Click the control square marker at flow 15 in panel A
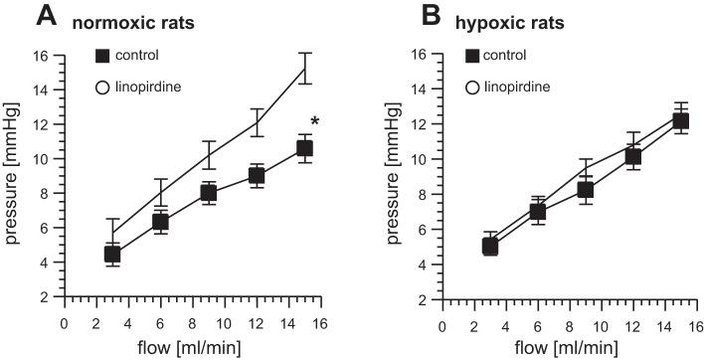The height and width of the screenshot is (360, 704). point(304,148)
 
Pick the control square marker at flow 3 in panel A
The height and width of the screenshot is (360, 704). point(112,254)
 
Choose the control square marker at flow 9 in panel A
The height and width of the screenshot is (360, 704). point(209,193)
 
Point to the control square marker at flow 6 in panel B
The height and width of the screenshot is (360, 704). point(509,211)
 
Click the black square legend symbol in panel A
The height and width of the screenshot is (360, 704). point(101,54)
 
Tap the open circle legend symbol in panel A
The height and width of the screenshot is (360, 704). point(101,89)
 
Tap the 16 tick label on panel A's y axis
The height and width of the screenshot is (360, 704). point(40,55)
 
